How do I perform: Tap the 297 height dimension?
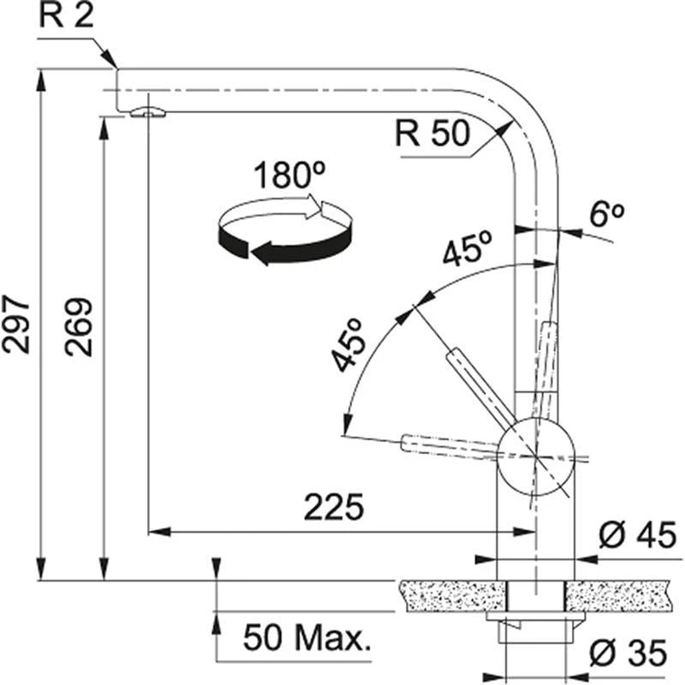click(x=19, y=325)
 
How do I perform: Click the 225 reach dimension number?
click(x=334, y=508)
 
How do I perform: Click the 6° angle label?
click(x=609, y=215)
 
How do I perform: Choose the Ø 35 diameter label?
click(x=632, y=655)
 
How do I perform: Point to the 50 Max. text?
click(x=307, y=637)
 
